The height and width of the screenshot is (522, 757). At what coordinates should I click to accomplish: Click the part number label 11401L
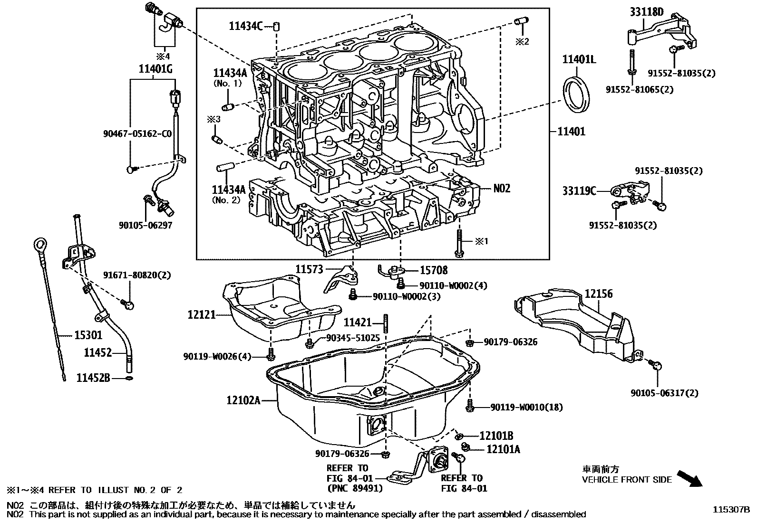pyautogui.click(x=579, y=59)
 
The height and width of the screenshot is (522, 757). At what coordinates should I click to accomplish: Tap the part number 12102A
pyautogui.click(x=243, y=400)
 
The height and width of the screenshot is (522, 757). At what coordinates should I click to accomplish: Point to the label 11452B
pyautogui.click(x=93, y=378)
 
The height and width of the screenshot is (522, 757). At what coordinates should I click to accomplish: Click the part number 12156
pyautogui.click(x=598, y=294)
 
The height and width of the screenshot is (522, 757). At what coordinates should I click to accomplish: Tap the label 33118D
pyautogui.click(x=647, y=12)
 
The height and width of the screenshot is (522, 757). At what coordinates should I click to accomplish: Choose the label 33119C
pyautogui.click(x=579, y=191)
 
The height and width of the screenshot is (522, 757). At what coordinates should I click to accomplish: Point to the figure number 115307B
pyautogui.click(x=730, y=509)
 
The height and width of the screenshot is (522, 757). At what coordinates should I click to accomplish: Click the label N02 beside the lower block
pyautogui.click(x=502, y=189)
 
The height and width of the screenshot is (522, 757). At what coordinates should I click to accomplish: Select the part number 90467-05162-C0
pyautogui.click(x=137, y=134)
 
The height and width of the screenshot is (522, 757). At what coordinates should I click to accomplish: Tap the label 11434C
pyautogui.click(x=245, y=26)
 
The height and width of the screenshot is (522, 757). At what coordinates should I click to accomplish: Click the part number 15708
pyautogui.click(x=433, y=270)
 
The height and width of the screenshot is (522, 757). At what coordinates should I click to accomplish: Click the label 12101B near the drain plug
pyautogui.click(x=496, y=436)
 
